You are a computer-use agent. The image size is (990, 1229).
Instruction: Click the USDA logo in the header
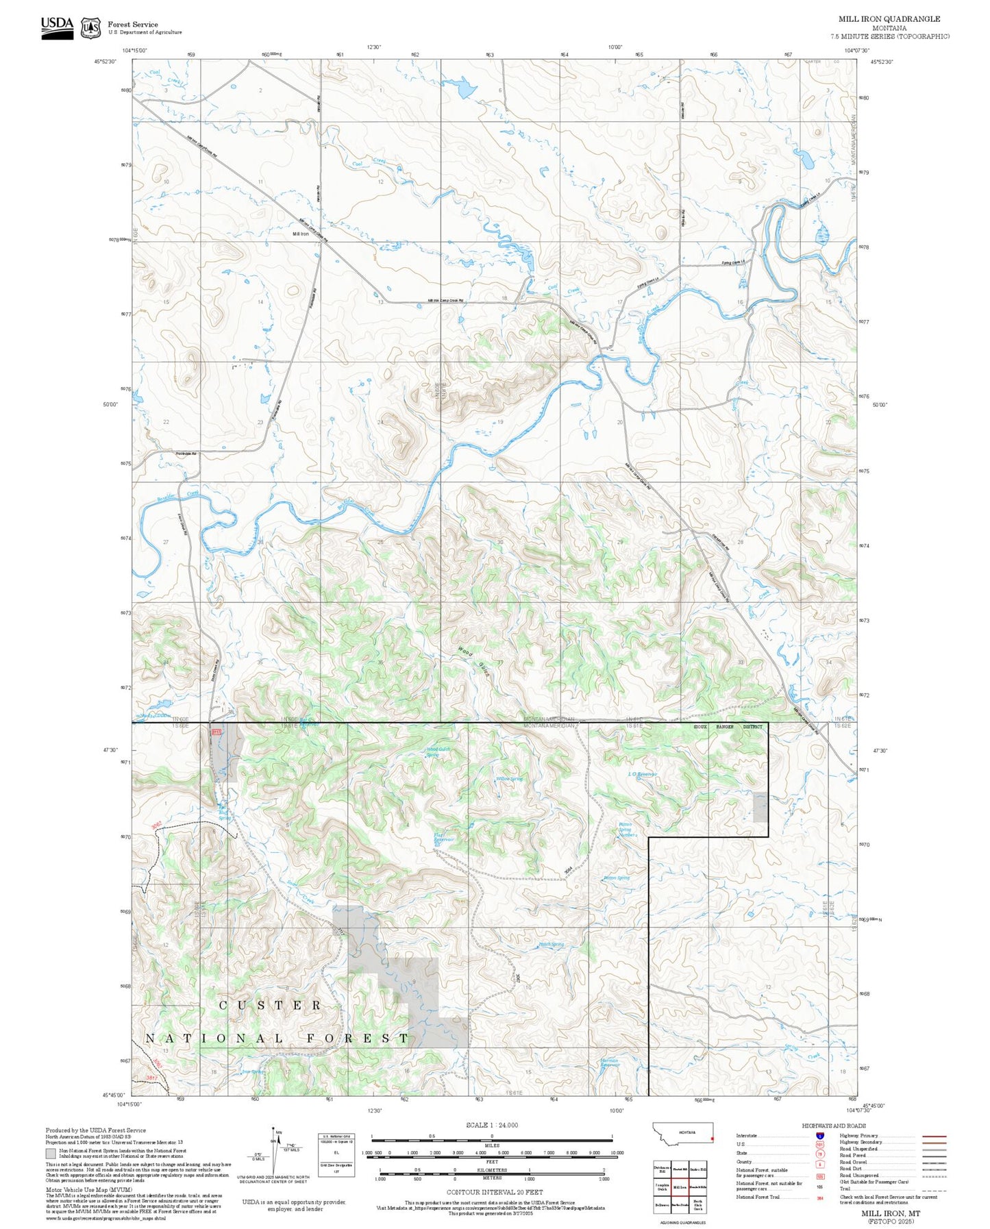57,27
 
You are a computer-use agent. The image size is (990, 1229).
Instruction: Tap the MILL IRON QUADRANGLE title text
889,19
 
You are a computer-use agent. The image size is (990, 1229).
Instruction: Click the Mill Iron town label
300,234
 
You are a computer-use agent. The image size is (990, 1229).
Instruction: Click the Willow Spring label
509,779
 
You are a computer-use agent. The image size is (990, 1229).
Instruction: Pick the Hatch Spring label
551,945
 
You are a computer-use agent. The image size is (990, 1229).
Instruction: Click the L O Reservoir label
642,774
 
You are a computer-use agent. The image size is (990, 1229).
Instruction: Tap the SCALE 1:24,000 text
491,1125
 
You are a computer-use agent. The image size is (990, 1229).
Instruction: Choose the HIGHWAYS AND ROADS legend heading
834,1126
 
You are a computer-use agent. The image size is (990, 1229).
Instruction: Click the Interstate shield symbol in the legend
819,1136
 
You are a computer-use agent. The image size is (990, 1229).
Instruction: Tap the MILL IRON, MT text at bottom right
891,1213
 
